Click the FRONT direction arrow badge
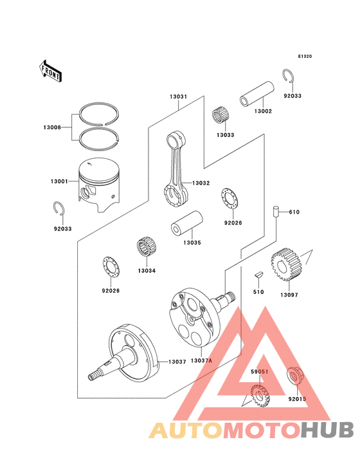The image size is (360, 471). pyautogui.click(x=51, y=70)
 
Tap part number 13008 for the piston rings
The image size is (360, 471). pyautogui.click(x=53, y=127)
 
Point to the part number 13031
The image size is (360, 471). pyautogui.click(x=178, y=97)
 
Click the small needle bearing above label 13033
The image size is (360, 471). pyautogui.click(x=221, y=116)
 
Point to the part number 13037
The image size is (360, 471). pyautogui.click(x=177, y=362)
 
